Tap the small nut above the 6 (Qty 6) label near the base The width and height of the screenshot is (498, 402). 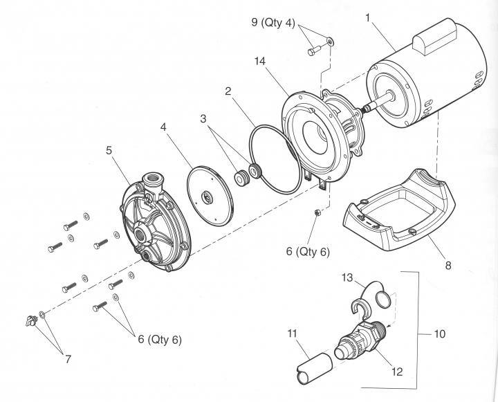[315, 212]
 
